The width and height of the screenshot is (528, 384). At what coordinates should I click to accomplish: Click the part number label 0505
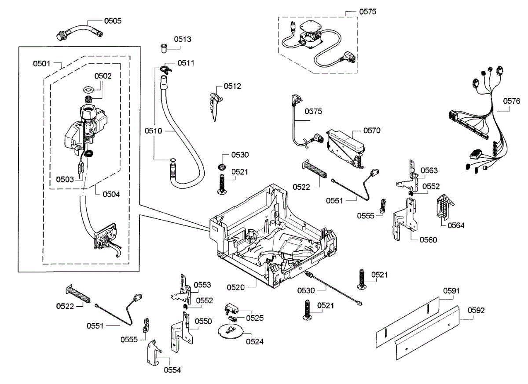[x=113, y=21]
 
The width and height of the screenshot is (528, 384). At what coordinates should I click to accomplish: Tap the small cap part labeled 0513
[x=163, y=48]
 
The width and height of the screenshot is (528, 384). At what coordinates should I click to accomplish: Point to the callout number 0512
[x=232, y=86]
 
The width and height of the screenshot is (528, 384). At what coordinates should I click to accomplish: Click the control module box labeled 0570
[x=345, y=149]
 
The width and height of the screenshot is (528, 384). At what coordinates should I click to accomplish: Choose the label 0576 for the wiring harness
[x=511, y=101]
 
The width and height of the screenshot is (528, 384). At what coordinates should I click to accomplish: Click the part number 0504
[x=111, y=194]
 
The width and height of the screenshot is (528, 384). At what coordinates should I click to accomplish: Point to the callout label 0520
[x=235, y=287]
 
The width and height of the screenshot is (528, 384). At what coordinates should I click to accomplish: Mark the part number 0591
[x=451, y=291]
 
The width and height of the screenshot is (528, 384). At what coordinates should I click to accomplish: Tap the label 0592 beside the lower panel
[x=476, y=310]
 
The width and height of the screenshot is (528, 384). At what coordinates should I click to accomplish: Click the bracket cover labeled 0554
[x=154, y=352]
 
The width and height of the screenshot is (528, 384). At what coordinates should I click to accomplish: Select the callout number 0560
[x=428, y=240]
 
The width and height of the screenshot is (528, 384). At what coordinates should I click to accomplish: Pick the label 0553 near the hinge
[x=202, y=285]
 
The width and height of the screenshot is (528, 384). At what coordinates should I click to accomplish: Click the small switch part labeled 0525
[x=231, y=309]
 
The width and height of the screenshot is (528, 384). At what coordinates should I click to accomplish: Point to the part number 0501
[x=42, y=64]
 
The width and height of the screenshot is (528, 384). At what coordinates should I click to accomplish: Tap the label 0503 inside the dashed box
[x=65, y=179]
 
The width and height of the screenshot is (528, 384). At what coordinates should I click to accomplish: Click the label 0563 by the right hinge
[x=429, y=170]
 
